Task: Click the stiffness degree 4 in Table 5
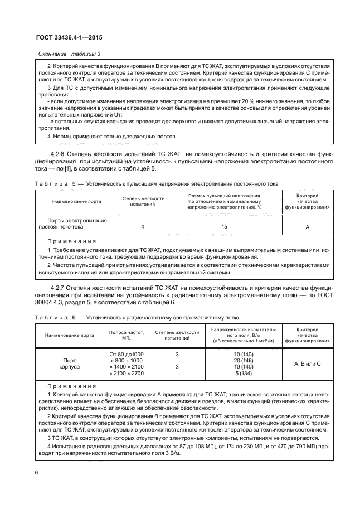[143, 227]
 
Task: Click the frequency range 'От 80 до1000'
[126, 353]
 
